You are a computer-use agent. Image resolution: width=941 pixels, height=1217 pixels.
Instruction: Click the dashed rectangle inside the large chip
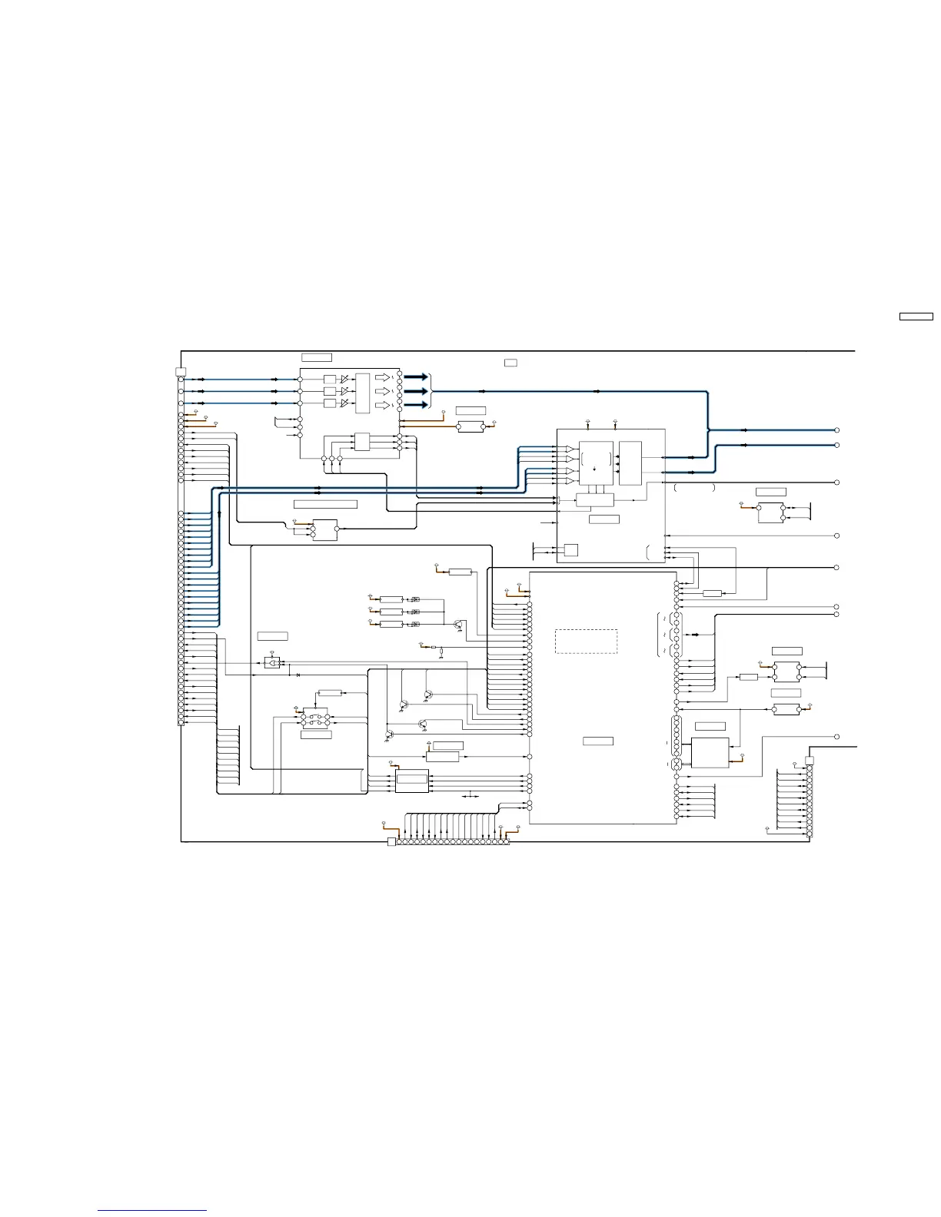click(586, 642)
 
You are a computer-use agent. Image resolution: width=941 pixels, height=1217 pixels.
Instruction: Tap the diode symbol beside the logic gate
click(298, 675)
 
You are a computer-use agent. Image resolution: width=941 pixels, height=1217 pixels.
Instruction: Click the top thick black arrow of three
click(415, 377)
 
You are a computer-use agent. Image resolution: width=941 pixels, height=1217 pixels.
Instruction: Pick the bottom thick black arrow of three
click(415, 404)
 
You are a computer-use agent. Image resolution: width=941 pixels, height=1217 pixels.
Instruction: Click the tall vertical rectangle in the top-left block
click(362, 393)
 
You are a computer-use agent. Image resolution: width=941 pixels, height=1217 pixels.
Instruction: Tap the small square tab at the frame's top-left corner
click(181, 373)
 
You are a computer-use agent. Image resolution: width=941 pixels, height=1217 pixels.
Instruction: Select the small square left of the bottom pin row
click(391, 842)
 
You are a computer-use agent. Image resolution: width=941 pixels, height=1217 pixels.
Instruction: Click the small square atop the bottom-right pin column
click(809, 761)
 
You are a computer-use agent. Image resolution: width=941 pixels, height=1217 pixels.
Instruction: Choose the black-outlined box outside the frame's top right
click(916, 317)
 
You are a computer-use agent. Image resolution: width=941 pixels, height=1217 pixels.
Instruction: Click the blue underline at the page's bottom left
click(152, 1211)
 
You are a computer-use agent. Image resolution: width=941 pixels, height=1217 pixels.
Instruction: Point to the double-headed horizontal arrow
click(470, 797)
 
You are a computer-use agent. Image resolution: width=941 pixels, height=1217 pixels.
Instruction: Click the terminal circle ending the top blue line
click(837, 431)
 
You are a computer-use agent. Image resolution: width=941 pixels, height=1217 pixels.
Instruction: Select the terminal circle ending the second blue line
click(837, 445)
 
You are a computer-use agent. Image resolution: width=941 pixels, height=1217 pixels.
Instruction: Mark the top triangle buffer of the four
click(570, 449)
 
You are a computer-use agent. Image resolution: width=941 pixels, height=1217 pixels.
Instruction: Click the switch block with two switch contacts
click(315, 720)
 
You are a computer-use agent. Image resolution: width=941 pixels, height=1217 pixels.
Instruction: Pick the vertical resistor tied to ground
click(441, 653)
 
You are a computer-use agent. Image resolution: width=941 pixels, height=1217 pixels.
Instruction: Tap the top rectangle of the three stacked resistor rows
click(391, 599)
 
